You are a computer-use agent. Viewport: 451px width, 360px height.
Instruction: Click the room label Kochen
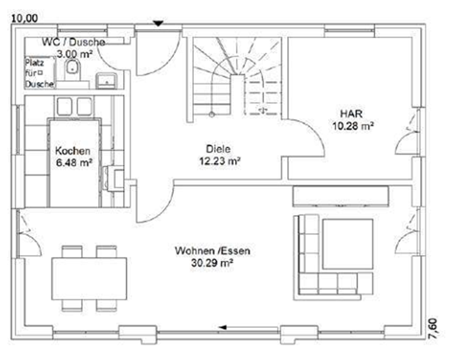pyautogui.click(x=72, y=151)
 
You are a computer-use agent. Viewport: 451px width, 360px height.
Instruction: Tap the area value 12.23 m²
pyautogui.click(x=220, y=161)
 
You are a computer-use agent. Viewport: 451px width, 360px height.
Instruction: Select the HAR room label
pyautogui.click(x=351, y=113)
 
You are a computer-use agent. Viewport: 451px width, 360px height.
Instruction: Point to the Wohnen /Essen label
pyautogui.click(x=213, y=251)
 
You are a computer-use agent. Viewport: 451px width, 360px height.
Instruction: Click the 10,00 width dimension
pyautogui.click(x=24, y=19)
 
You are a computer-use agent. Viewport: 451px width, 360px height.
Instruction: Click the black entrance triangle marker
pyautogui.click(x=158, y=24)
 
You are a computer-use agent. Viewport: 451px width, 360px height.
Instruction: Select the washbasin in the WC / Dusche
pyautogui.click(x=106, y=81)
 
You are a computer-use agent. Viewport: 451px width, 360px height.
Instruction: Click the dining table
pyautogui.click(x=89, y=279)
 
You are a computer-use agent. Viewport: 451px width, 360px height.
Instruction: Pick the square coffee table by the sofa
pyautogui.click(x=348, y=244)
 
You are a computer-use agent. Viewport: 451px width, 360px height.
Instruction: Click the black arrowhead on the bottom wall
pyautogui.click(x=222, y=327)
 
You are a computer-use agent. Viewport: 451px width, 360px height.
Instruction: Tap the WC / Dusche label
pyautogui.click(x=73, y=43)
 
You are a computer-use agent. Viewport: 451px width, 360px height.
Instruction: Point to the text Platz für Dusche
pyautogui.click(x=39, y=73)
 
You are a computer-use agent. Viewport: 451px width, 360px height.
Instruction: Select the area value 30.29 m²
pyautogui.click(x=212, y=263)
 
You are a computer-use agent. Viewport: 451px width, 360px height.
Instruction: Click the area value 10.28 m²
pyautogui.click(x=353, y=126)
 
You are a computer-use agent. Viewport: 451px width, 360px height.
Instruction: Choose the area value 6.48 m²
pyautogui.click(x=74, y=163)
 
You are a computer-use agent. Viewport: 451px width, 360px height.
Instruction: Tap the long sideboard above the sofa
pyautogui.click(x=341, y=196)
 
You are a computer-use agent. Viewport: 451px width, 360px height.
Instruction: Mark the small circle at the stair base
pyautogui.click(x=212, y=115)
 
